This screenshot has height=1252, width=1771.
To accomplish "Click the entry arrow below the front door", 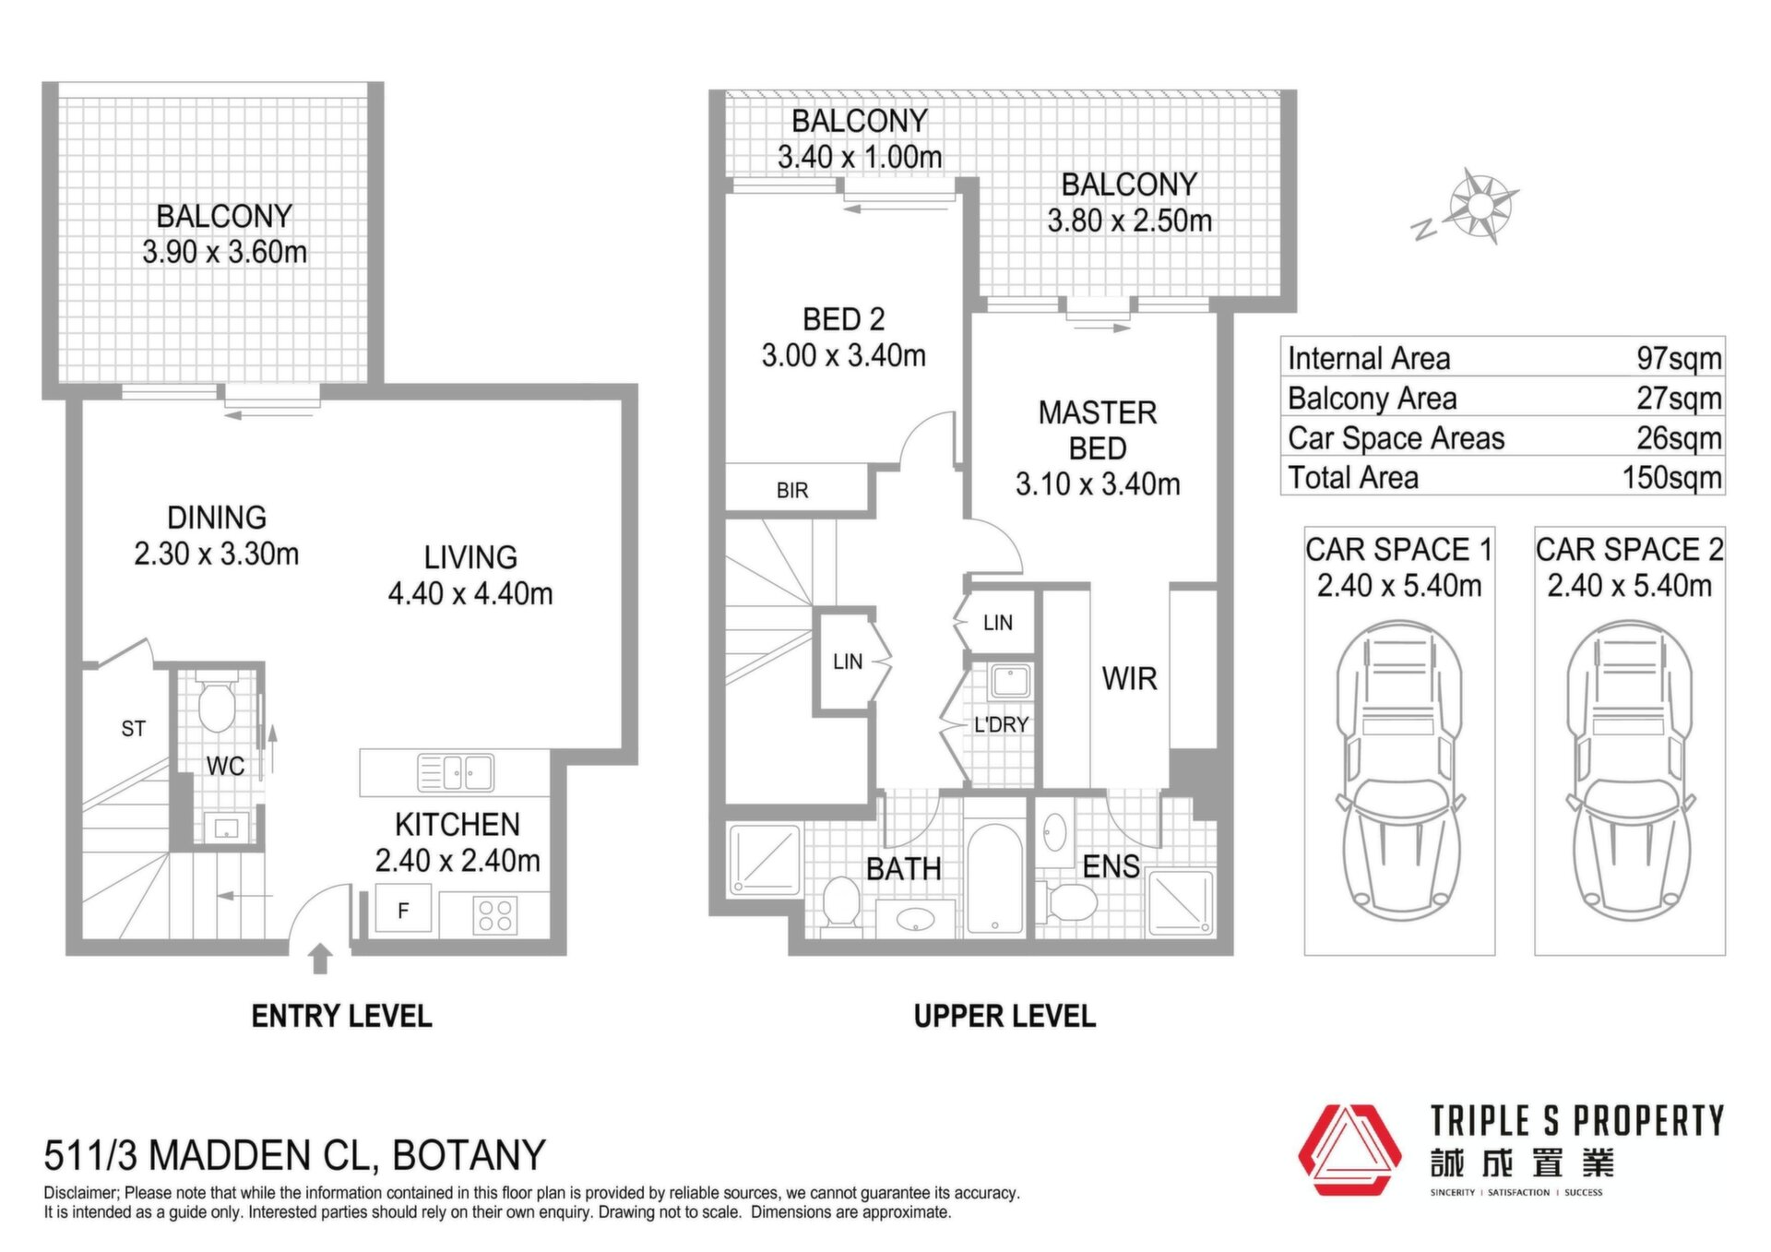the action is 320,959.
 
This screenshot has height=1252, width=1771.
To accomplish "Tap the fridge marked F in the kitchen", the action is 403,910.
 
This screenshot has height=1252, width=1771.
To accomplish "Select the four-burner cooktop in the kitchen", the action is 495,915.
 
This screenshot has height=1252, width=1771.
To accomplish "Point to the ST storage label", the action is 133,729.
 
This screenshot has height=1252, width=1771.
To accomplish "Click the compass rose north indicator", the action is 1480,206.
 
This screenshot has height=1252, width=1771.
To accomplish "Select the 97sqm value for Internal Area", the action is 1679,358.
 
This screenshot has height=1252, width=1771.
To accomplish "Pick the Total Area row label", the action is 1352,477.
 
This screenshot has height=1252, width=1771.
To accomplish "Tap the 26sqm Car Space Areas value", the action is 1679,437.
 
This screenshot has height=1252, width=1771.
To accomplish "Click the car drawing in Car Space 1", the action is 1399,770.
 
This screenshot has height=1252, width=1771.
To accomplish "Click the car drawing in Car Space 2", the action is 1630,770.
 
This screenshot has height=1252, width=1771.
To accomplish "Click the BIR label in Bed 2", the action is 792,491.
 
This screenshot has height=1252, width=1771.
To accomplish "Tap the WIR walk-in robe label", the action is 1129,679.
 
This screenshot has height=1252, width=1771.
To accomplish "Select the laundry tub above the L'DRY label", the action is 1010,682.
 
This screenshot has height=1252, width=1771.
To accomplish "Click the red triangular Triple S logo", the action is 1349,1150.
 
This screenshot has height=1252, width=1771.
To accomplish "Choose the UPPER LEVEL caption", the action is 1004,1016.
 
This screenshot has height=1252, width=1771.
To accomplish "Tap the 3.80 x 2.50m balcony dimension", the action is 1129,221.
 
